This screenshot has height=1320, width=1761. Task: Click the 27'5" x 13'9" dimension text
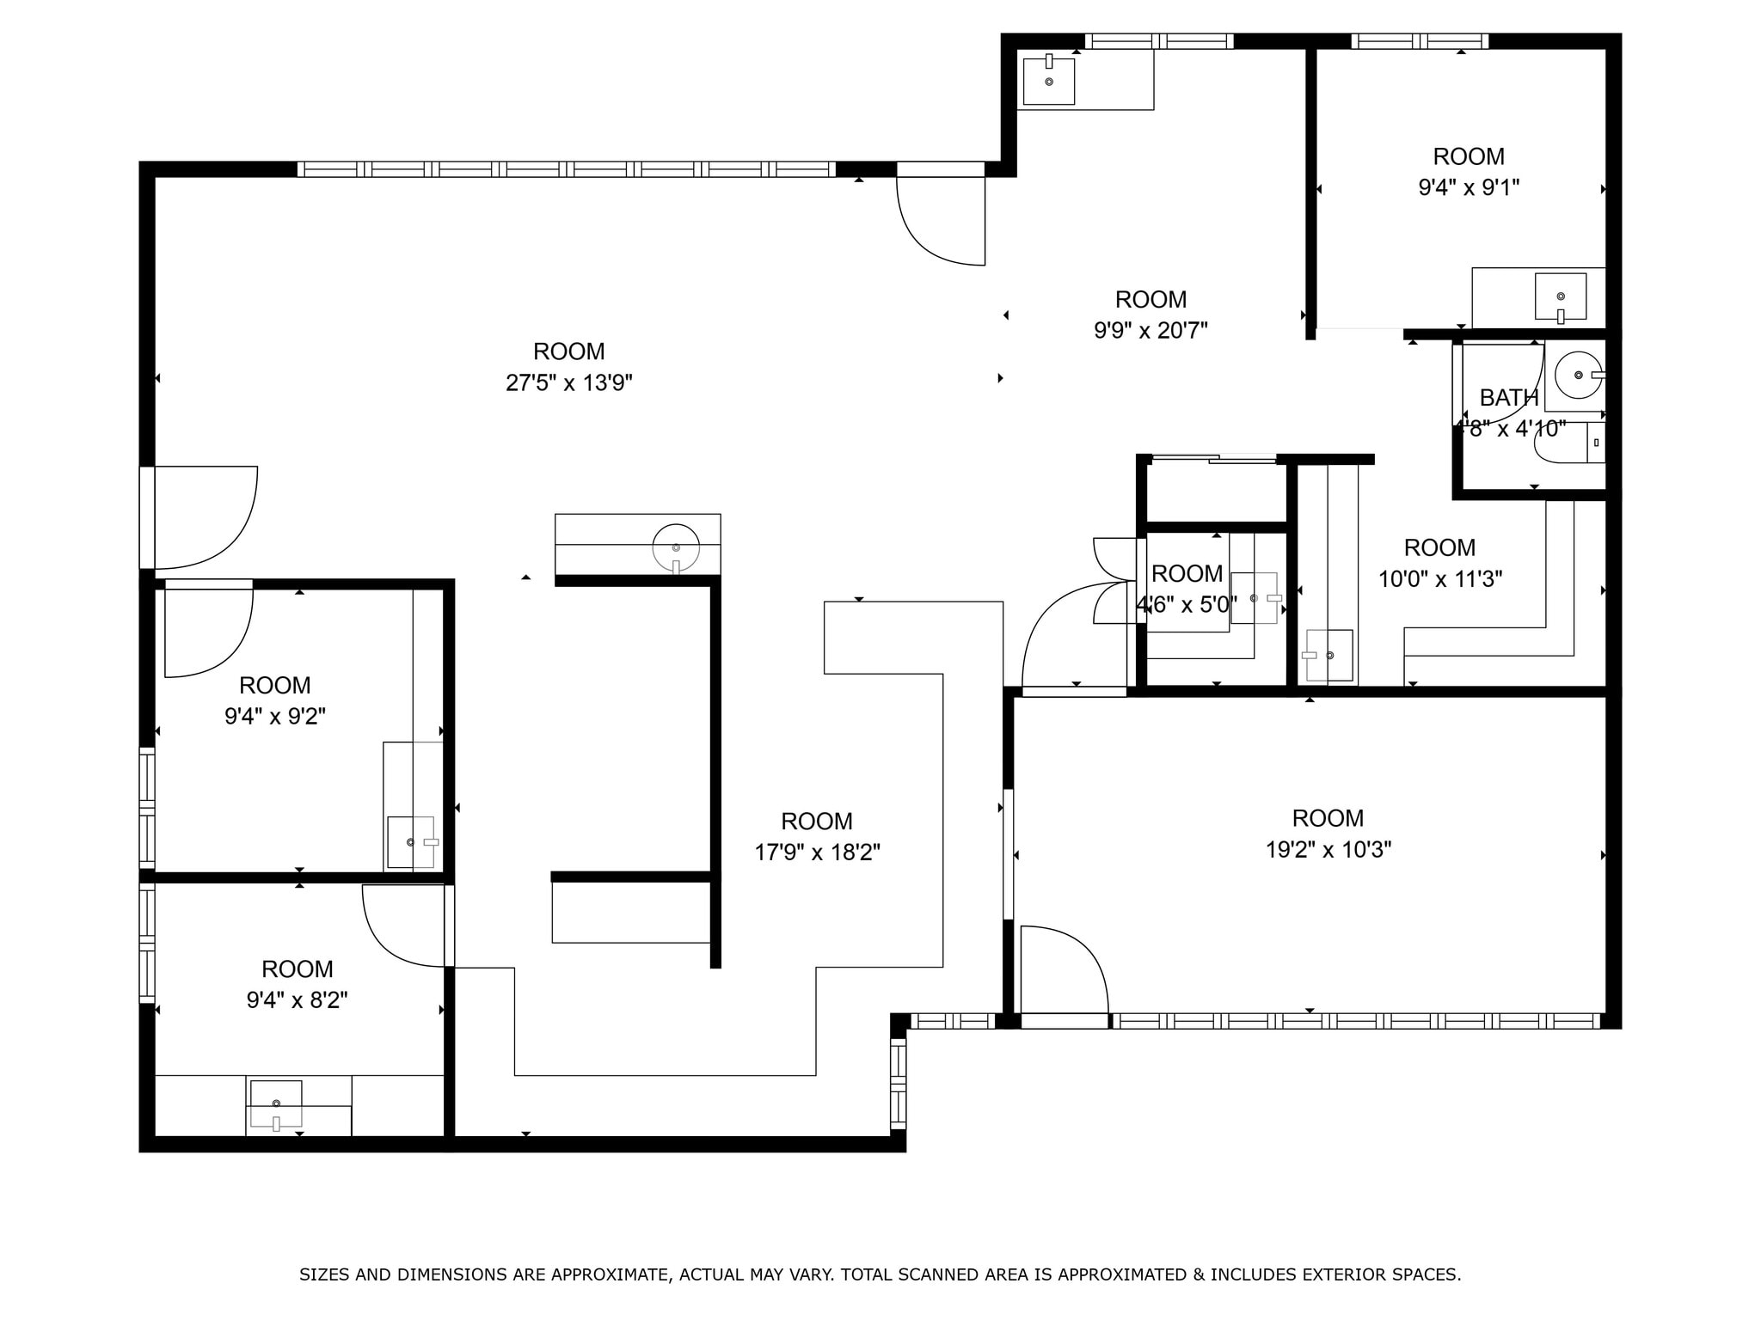[x=568, y=382]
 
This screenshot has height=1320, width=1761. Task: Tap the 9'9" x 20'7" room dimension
[x=1150, y=330]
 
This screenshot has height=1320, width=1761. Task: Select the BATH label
[x=1508, y=398]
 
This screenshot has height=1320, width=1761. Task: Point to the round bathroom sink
[x=1579, y=376]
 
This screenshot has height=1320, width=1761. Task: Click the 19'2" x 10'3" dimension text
[x=1328, y=850]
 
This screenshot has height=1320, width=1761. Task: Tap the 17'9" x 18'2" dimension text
[x=817, y=852]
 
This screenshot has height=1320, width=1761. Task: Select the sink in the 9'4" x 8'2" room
[x=276, y=1103]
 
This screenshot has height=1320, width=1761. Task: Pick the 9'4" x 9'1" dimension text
[x=1469, y=187]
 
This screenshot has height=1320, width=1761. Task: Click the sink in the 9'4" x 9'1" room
[x=1561, y=296]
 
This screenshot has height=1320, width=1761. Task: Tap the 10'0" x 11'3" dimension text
[x=1440, y=579]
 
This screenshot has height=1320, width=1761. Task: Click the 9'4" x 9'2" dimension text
[x=275, y=717]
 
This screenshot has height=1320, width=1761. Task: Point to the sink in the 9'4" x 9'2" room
[x=411, y=842]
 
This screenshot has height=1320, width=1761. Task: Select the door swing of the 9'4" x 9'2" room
[x=209, y=632]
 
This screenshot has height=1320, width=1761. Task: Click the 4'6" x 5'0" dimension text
[x=1187, y=605]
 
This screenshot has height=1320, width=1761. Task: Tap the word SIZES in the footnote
[x=324, y=1274]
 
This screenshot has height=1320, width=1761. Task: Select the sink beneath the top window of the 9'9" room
[x=1049, y=81]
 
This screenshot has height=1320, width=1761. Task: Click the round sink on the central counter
[x=676, y=547]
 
